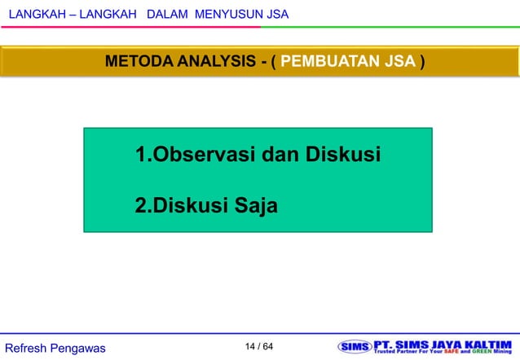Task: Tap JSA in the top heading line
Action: [x=274, y=15]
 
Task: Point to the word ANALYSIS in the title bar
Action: [x=214, y=62]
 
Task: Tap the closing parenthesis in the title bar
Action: [x=421, y=62]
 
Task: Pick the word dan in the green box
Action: [x=281, y=153]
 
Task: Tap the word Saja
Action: [x=256, y=206]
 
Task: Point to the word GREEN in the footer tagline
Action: [x=484, y=353]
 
